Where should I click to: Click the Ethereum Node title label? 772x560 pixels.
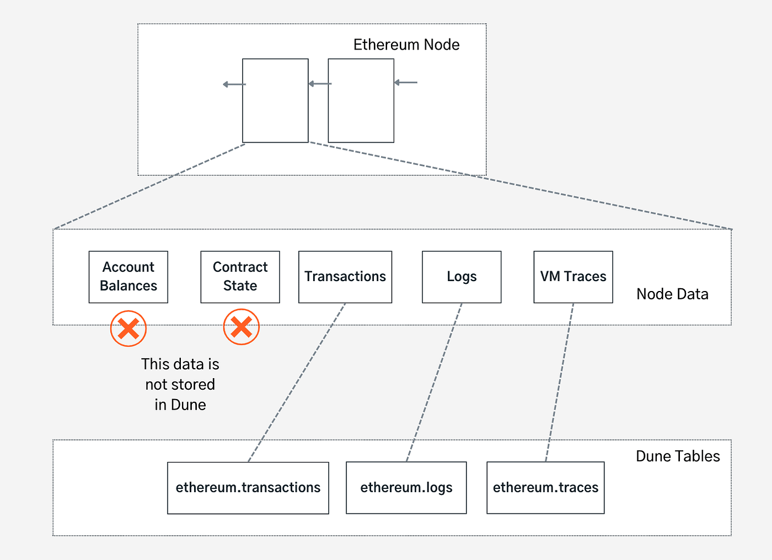[406, 45]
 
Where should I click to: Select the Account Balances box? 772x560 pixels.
[128, 277]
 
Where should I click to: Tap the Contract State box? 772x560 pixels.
[240, 277]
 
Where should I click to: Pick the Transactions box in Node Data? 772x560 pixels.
[345, 277]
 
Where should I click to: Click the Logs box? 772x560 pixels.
[462, 277]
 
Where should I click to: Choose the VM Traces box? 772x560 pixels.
[573, 277]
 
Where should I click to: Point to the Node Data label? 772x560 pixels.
[672, 294]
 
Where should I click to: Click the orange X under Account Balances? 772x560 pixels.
[128, 329]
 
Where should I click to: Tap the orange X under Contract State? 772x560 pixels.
[241, 327]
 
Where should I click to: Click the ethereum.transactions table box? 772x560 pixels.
[248, 488]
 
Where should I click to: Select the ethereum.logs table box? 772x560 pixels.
[406, 488]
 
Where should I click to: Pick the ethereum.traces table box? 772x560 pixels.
[545, 488]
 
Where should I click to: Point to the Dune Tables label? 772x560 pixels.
[678, 456]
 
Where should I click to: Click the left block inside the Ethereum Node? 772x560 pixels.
[275, 101]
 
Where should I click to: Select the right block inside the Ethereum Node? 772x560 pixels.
[361, 101]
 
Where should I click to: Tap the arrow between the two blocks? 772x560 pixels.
[319, 84]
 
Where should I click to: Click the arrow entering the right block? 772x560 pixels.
[406, 83]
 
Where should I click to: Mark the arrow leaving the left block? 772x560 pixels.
[234, 84]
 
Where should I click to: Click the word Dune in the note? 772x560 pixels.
[189, 405]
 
